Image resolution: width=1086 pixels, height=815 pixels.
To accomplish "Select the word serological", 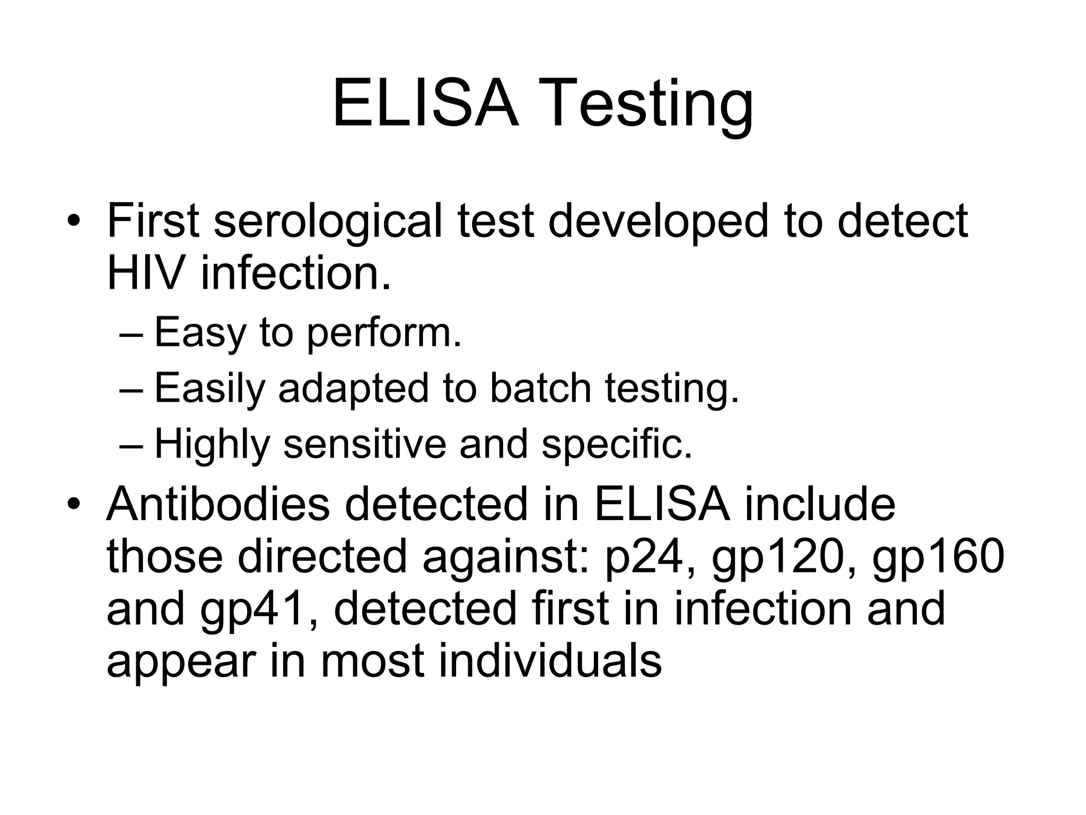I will pos(328,222).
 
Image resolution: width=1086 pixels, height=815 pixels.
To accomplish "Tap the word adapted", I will pos(353,389).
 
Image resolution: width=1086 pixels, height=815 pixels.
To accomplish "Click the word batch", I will pos(540,389).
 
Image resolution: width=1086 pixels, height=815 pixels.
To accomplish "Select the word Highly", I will pos(212,445).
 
